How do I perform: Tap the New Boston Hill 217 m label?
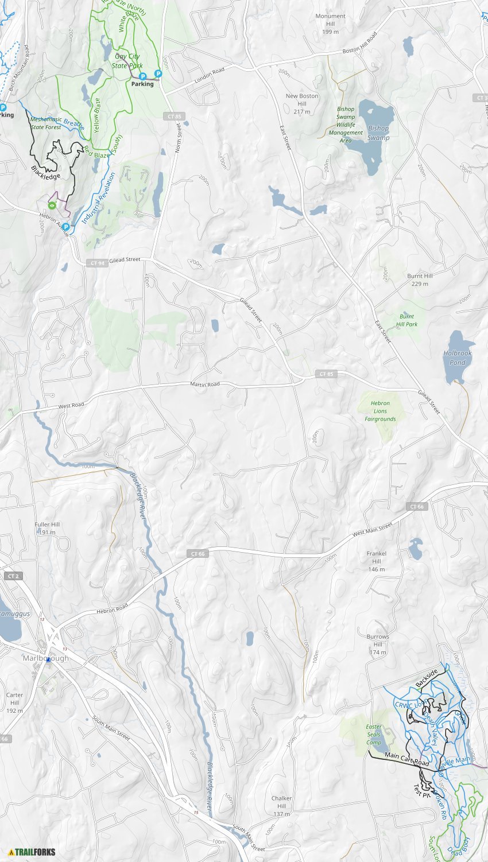tap(302, 104)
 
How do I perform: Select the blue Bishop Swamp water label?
tap(378, 133)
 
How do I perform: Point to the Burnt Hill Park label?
tap(407, 320)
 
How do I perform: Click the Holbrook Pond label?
tap(457, 358)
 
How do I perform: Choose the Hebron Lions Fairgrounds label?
tap(380, 411)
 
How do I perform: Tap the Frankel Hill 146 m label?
tap(376, 561)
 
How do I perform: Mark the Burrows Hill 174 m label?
tap(378, 644)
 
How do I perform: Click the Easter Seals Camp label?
tap(374, 735)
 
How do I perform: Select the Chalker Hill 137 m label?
tap(281, 806)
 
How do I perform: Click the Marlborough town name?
tap(45, 658)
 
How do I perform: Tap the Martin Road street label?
tap(205, 384)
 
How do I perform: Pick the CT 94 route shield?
tap(97, 263)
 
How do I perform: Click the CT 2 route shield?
tap(13, 576)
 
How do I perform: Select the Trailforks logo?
tap(32, 852)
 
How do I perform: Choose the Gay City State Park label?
tap(127, 61)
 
